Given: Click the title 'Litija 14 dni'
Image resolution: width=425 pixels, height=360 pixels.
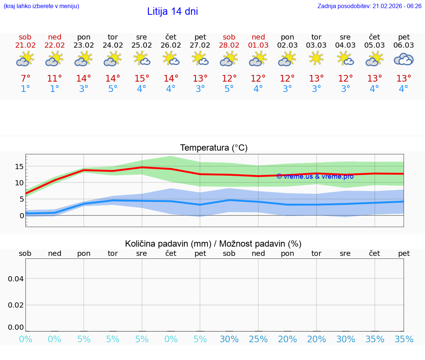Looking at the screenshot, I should point(172,11).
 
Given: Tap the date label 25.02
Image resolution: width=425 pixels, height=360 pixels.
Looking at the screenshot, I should point(142,45).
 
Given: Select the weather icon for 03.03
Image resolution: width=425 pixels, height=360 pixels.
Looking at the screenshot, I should point(316,59).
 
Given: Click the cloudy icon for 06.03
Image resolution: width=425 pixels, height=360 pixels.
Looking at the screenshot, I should point(404,59).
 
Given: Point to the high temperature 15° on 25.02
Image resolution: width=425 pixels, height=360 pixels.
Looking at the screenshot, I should point(142,79).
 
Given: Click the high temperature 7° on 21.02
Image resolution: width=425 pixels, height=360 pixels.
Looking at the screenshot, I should point(25,79).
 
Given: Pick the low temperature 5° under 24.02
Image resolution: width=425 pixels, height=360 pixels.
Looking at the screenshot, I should point(113,89).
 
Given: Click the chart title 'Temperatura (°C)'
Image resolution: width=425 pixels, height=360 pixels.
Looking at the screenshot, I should point(214,148).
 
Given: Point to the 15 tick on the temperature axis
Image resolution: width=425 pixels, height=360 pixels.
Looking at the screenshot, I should point(19,167).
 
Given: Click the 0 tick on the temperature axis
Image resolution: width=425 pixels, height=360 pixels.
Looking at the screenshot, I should point(21,215).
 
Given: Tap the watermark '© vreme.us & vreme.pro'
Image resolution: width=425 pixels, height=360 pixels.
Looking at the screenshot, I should point(315,176).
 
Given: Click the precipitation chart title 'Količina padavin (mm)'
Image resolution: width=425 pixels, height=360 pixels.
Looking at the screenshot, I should point(168,244).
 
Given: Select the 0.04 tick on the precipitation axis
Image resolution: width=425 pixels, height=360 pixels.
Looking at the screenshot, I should point(16,279).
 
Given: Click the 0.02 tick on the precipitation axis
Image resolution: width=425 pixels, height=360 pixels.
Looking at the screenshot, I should point(16,305).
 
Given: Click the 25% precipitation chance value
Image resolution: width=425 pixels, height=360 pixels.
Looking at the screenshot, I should point(258,339).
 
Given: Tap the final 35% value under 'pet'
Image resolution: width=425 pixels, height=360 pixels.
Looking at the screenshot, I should point(404,339).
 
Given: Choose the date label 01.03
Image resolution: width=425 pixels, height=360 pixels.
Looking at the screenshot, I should point(258,45).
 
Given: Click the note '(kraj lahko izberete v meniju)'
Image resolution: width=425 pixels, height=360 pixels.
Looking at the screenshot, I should point(41,6).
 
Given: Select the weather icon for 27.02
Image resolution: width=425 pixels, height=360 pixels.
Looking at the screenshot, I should point(200,59).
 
